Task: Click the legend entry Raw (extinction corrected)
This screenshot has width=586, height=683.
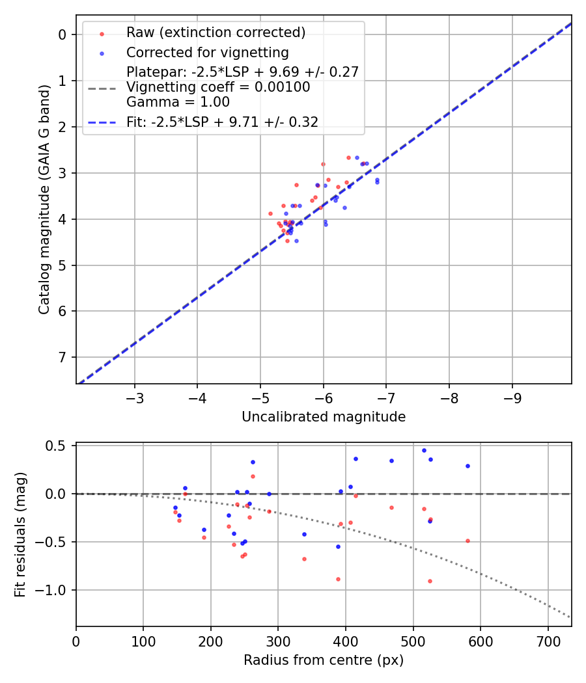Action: [x=216, y=33]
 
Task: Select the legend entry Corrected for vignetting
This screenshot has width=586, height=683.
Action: [x=207, y=52]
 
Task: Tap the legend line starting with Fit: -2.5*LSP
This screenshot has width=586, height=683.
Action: [x=222, y=122]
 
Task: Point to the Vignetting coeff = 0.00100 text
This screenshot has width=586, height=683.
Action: [x=218, y=87]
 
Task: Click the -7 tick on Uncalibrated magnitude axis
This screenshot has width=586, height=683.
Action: [x=386, y=396]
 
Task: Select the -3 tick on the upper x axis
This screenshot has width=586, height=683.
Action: [x=135, y=396]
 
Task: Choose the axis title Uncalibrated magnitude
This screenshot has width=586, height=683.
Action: [x=324, y=417]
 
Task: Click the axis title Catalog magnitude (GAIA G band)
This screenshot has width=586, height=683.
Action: [x=44, y=199]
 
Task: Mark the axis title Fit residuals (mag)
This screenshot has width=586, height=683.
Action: [x=20, y=535]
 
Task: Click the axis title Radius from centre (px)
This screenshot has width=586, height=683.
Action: [x=324, y=660]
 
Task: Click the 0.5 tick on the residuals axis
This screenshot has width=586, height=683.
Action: [x=59, y=446]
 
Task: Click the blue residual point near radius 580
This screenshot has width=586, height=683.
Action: [x=467, y=466]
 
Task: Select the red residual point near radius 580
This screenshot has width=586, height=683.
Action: [x=467, y=541]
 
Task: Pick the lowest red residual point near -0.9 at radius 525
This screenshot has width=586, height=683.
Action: [x=430, y=581]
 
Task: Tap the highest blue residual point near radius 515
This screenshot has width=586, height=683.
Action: [x=424, y=450]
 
